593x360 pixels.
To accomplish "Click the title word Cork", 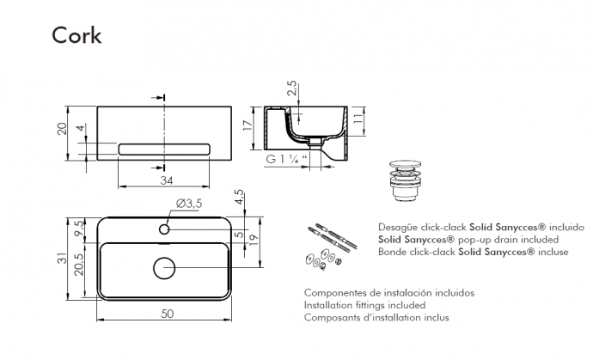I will (x=76, y=35).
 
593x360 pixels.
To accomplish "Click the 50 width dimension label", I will (x=167, y=314).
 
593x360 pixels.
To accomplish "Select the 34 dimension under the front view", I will (x=167, y=180).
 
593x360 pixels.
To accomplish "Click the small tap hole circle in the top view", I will (x=163, y=230).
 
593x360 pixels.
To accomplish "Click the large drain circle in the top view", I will (x=163, y=268).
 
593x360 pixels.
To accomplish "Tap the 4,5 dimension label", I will (x=241, y=198).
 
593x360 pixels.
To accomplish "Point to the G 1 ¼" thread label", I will (x=287, y=159).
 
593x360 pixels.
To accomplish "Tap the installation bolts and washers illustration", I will (x=325, y=246).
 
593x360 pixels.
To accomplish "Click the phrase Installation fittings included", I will (x=364, y=305).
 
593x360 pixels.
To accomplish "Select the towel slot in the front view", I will (x=163, y=149).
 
